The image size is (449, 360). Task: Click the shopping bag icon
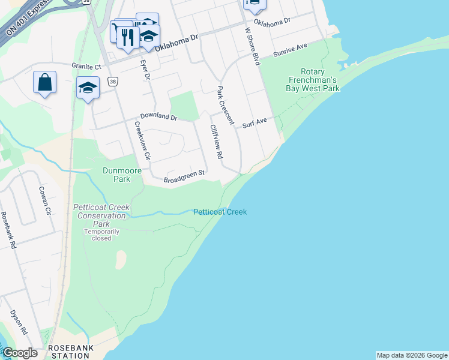click(x=45, y=82)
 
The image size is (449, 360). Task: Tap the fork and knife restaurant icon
click(x=127, y=37)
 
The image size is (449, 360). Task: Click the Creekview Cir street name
click(x=141, y=141)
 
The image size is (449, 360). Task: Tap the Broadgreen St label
click(x=185, y=175)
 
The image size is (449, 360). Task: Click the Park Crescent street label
click(x=225, y=105)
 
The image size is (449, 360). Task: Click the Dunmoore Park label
click(x=122, y=175)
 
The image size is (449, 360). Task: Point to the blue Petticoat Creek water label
click(x=220, y=212)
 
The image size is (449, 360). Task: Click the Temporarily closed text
click(x=101, y=235)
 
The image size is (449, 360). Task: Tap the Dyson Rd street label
click(x=19, y=322)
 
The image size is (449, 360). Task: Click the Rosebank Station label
click(x=68, y=352)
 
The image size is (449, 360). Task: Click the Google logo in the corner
click(x=20, y=353)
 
